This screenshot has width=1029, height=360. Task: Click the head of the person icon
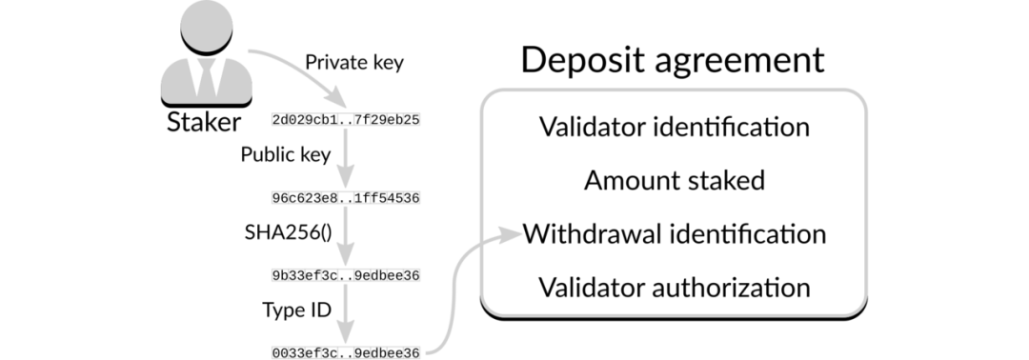pos(205,28)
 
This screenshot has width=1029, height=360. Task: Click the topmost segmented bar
pos(346,119)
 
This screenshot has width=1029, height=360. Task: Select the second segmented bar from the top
pos(346,197)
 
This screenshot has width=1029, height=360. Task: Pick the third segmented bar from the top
pos(346,275)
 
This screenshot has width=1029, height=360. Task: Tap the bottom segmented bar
pos(346,352)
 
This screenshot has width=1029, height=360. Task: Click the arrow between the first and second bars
pos(346,157)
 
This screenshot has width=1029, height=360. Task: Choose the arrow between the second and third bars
pos(346,235)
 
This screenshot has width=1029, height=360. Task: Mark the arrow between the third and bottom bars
pos(346,313)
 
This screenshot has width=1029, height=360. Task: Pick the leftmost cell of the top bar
pos(279,119)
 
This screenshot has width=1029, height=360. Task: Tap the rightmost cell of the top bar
pos(413,119)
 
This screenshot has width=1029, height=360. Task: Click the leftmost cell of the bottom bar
pos(279,352)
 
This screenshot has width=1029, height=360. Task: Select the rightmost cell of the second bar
pos(413,197)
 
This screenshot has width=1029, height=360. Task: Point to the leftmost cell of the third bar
pos(279,275)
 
